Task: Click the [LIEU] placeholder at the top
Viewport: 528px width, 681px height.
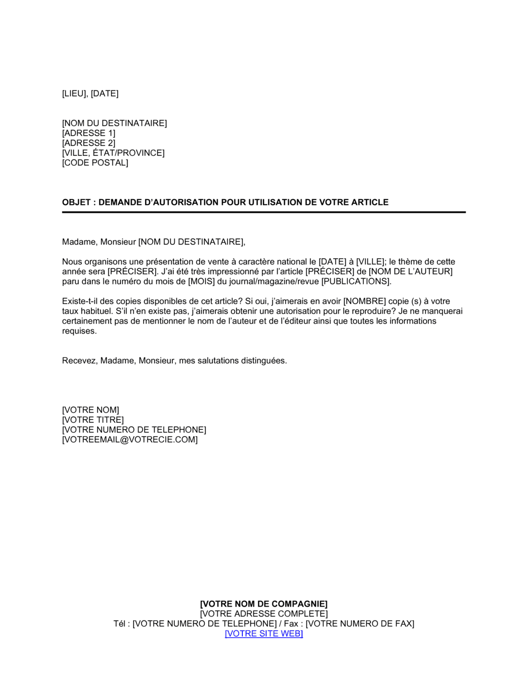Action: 74,93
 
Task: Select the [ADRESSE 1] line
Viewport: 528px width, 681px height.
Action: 88,133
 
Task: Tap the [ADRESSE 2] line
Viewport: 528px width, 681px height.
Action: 88,143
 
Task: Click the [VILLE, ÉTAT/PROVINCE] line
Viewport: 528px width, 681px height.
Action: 113,153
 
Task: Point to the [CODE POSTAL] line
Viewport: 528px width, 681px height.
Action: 95,163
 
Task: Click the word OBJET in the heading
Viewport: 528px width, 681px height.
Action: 76,202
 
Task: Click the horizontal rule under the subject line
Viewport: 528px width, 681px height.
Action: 264,212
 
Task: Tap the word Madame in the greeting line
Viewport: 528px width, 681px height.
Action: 79,242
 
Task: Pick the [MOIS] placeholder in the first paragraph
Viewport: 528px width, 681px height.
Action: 201,281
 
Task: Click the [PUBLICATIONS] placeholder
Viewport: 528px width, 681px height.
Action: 356,281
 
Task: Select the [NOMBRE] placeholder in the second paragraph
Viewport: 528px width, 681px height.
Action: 364,301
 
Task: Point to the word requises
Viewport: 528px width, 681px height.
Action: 79,331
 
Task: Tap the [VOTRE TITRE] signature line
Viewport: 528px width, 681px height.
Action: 93,420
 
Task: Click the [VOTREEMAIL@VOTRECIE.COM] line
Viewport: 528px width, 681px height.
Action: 130,440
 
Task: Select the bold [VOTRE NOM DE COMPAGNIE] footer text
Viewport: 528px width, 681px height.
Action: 263,604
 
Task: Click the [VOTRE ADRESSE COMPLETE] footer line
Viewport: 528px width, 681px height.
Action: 263,614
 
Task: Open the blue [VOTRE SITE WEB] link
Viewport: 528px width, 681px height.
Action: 263,633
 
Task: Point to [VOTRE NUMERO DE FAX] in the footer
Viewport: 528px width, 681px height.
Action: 360,624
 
